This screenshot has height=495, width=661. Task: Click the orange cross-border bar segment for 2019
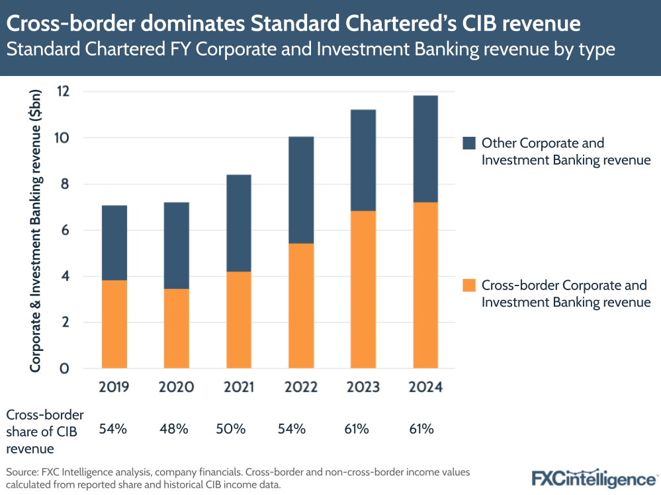coord(114,324)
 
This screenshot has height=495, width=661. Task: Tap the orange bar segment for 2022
coord(301,305)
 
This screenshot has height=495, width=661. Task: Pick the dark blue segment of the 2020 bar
coord(177,245)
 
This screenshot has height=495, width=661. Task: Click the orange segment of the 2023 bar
coord(363,289)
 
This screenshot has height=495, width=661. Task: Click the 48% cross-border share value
coord(175,429)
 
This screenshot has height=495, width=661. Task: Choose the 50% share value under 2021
coord(231,429)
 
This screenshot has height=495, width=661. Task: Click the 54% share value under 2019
coord(113,429)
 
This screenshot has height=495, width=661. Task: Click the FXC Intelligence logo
coord(593,478)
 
